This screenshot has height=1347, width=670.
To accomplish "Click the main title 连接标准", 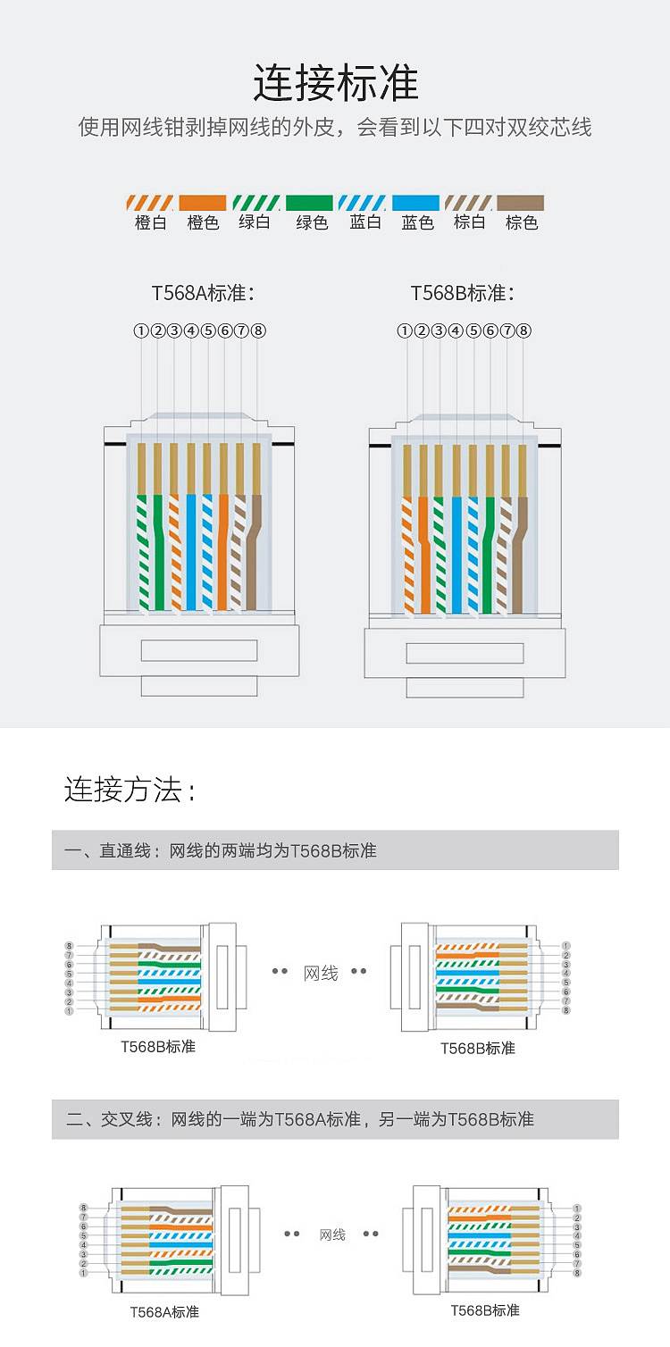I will [335, 83].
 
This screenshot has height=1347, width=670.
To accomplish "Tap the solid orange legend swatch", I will [202, 203].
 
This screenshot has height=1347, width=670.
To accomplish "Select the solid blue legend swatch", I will [415, 203].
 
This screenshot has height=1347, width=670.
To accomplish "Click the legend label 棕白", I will [469, 222].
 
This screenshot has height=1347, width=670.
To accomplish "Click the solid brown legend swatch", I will [521, 203].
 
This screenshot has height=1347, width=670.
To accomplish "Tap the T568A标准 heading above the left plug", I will [204, 293].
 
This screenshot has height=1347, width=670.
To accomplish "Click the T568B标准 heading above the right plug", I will [463, 293].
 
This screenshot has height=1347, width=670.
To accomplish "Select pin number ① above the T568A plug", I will [141, 330].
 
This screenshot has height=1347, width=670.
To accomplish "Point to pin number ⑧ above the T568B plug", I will [524, 330].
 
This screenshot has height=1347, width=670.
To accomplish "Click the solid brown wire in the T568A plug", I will [257, 554].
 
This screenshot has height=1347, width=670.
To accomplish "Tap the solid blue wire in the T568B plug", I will [456, 554].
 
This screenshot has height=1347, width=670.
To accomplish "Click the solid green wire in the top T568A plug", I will [158, 554].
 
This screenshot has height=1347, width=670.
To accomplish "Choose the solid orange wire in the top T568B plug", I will [423, 554].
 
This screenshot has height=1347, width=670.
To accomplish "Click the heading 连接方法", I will [130, 790].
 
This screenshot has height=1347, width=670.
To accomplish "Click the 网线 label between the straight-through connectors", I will [321, 973].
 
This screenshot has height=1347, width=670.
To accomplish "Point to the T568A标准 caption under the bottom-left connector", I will [164, 1311].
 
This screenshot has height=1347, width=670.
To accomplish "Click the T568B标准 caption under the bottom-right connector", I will [485, 1309].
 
